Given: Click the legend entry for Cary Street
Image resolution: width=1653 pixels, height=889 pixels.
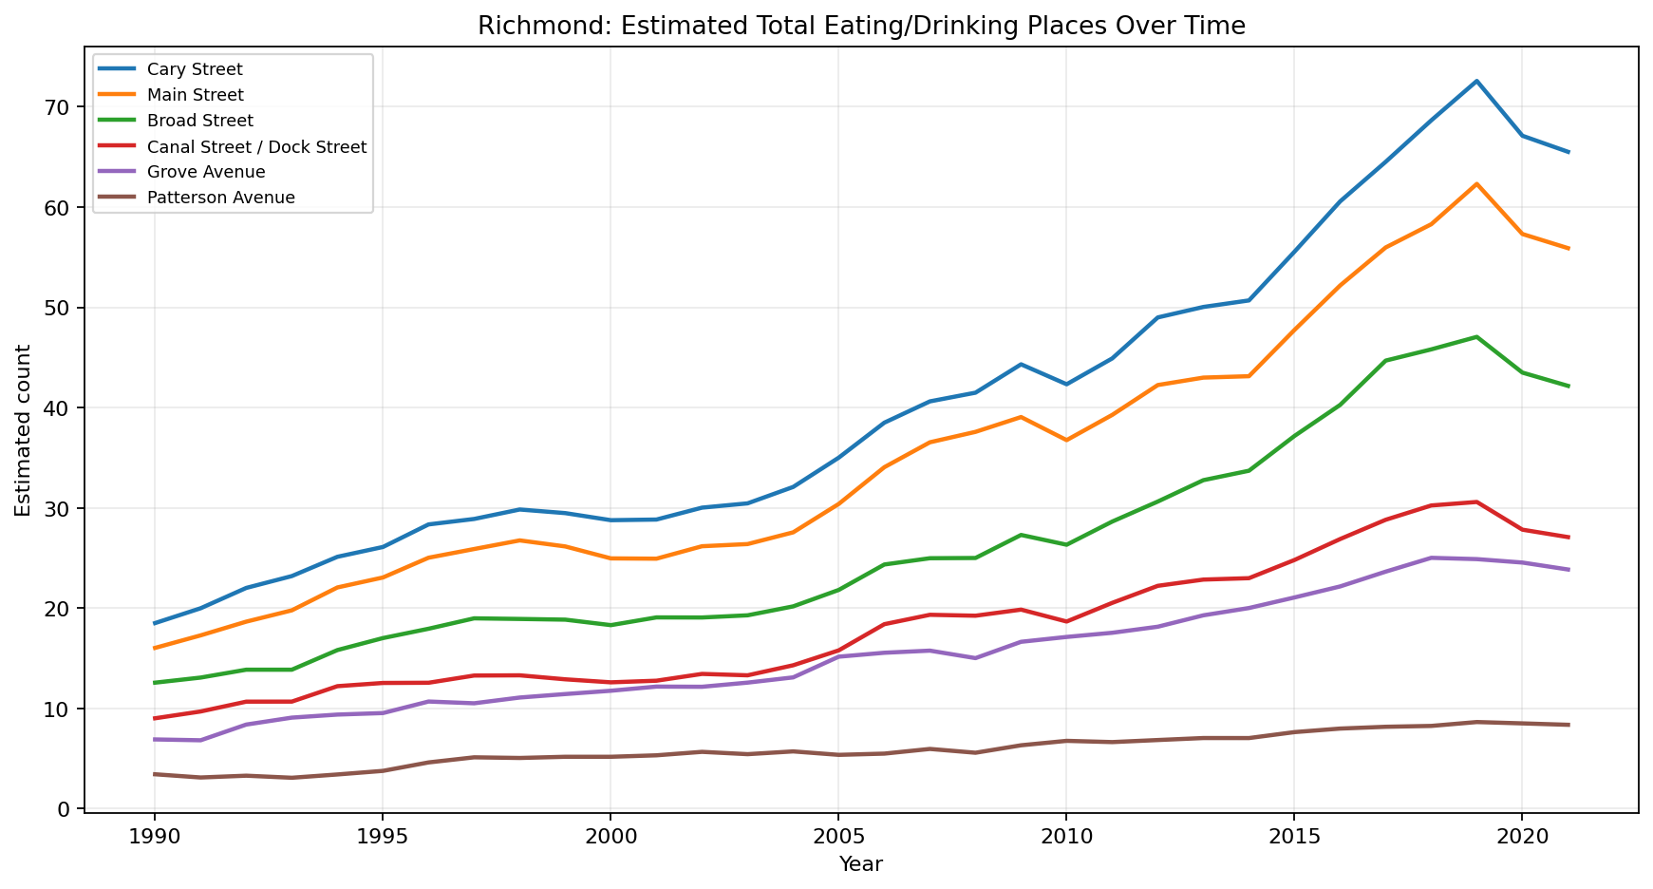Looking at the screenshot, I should coord(195,69).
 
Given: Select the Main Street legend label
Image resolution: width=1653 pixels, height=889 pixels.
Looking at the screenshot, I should coord(195,95).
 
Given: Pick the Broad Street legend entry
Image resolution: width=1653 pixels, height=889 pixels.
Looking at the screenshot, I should coord(200,121).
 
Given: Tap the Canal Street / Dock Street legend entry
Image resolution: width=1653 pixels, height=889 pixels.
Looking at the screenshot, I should coord(256,146).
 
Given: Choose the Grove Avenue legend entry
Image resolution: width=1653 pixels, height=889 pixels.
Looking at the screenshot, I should coord(206,172).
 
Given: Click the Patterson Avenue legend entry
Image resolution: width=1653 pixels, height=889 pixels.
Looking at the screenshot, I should coord(221,198).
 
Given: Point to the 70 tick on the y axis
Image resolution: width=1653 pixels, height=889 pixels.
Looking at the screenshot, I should coord(63,107).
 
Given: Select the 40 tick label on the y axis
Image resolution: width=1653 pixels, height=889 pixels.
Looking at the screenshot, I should coord(63,408).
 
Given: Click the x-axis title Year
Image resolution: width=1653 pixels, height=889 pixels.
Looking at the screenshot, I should coord(860,864).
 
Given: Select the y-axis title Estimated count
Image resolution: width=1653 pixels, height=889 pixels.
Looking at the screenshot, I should coord(23,430).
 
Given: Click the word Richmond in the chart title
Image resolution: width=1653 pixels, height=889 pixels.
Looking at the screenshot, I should coord(519,26).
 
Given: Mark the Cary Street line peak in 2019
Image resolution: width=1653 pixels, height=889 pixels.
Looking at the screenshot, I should coord(1476,81).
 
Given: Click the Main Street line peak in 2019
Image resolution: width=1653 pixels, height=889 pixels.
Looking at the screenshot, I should coord(1476,183).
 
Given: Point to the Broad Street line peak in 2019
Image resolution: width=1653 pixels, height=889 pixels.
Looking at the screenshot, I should coord(1476,336).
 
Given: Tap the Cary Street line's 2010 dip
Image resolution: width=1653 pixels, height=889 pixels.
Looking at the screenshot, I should coord(1065,384).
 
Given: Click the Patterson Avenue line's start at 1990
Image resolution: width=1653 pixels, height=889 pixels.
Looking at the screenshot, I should coord(154,774).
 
